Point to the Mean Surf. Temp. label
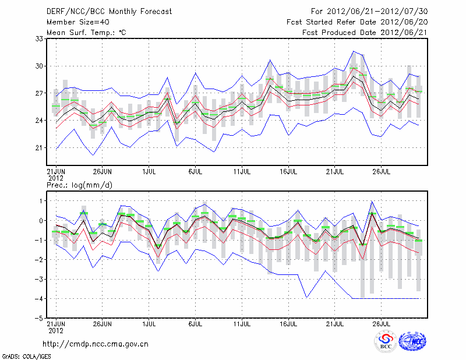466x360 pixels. (x=86, y=33)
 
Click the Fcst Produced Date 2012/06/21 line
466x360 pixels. (x=365, y=33)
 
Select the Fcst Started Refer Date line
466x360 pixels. (x=357, y=22)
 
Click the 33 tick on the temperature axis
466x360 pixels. (x=39, y=38)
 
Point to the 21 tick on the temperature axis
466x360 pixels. (x=39, y=147)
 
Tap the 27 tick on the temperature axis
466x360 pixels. (x=39, y=93)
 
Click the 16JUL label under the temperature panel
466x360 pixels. (x=289, y=172)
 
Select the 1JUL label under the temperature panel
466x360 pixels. (x=149, y=172)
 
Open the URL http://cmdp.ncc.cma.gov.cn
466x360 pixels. (x=96, y=344)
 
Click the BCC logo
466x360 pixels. (x=386, y=341)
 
